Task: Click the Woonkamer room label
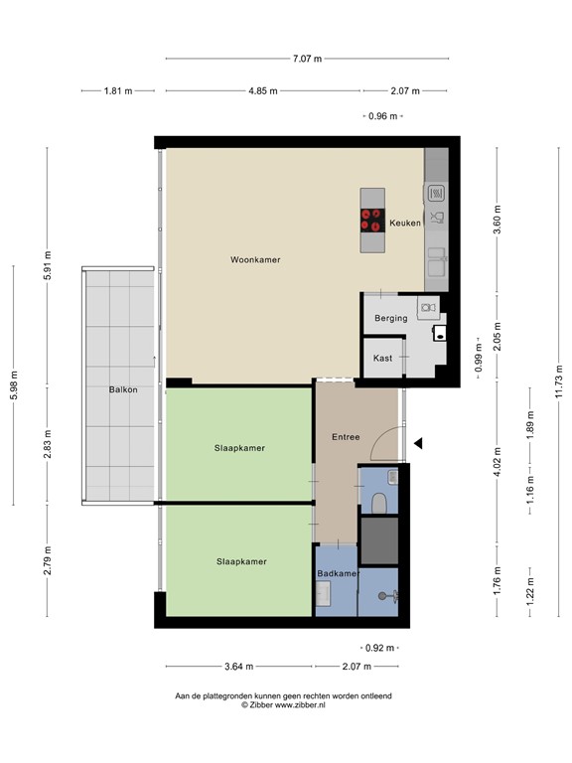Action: (255, 259)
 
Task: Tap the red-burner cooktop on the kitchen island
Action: (372, 220)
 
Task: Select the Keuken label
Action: (405, 224)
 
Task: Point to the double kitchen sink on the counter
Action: (437, 261)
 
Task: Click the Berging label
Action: (391, 318)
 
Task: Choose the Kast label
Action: (382, 358)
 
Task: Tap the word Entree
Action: (346, 437)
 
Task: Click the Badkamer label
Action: (337, 574)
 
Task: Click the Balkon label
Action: (123, 389)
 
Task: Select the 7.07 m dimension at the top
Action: (307, 59)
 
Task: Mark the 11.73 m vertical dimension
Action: (558, 378)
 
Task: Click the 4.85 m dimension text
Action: (262, 91)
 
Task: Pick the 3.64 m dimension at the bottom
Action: (238, 667)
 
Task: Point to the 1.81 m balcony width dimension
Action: (117, 91)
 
